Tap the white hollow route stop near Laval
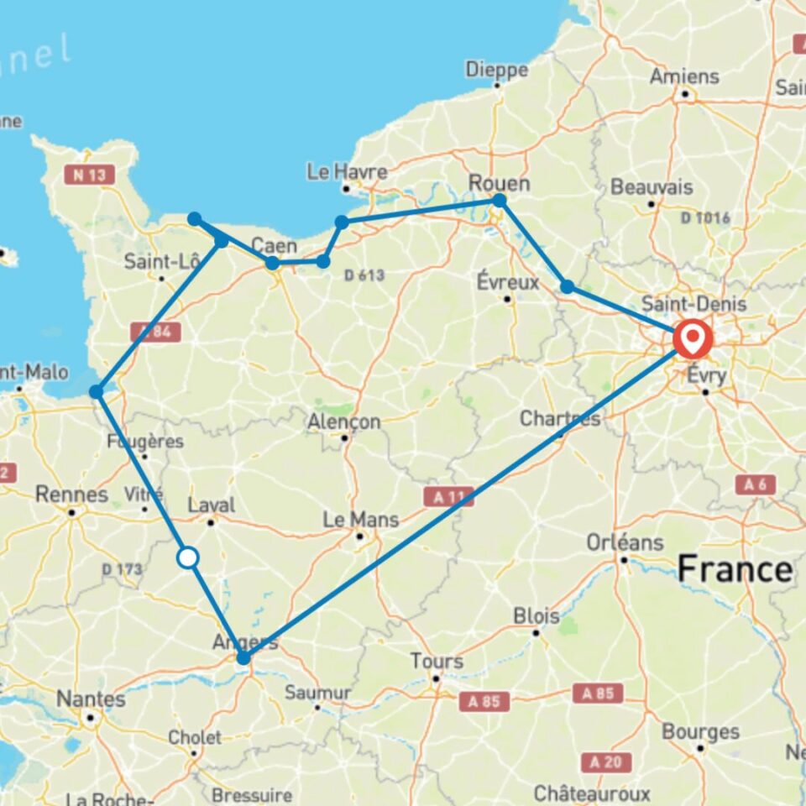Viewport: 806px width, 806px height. [x=188, y=557]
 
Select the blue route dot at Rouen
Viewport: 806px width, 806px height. [x=500, y=200]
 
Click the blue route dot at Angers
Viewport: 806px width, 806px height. [x=243, y=658]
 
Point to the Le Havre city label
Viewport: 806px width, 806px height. [x=347, y=172]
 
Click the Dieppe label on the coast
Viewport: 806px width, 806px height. [x=497, y=69]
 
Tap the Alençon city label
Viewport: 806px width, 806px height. [x=344, y=421]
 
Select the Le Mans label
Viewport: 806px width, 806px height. [x=361, y=520]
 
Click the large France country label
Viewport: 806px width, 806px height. [x=735, y=570]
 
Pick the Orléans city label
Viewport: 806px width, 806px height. [x=625, y=542]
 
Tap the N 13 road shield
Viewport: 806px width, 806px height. [x=88, y=174]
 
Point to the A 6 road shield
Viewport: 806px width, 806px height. [x=756, y=484]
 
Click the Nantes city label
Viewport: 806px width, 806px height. [x=91, y=699]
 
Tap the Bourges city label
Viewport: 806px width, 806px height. [x=700, y=731]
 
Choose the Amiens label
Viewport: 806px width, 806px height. [x=684, y=76]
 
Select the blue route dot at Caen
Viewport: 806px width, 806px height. [x=272, y=264]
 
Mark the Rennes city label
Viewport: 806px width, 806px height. [x=71, y=495]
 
